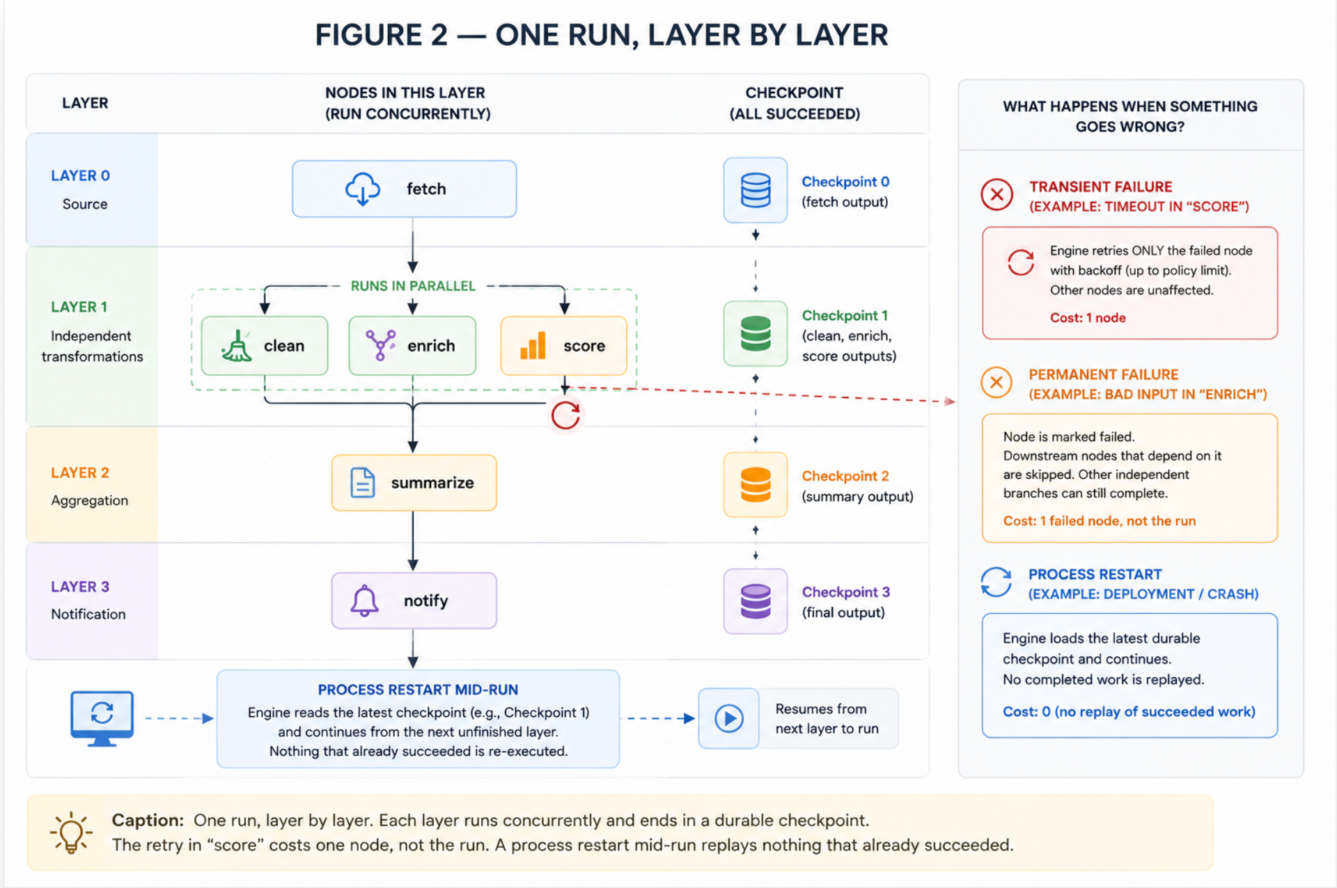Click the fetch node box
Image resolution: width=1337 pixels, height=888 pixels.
pos(404,189)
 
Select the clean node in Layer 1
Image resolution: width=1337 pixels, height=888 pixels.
pos(264,346)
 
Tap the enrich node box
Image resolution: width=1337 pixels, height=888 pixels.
pos(412,346)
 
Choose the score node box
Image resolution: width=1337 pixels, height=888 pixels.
pos(563,346)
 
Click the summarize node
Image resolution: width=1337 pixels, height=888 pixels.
pos(414,483)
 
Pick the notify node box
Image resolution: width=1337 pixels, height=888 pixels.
pos(414,601)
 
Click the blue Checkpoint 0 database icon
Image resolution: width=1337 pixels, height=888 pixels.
pos(756,190)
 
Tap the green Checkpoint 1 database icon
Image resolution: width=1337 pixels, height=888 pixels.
pos(756,333)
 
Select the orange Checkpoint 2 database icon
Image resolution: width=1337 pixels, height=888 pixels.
pos(756,484)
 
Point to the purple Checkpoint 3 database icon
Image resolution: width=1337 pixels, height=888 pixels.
pos(756,601)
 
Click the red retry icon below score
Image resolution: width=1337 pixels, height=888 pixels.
pos(565,416)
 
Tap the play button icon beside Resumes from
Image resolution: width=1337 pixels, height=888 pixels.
pos(729,718)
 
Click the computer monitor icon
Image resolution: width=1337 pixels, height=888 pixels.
pos(102,718)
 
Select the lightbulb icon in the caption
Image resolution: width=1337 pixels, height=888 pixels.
pos(70,832)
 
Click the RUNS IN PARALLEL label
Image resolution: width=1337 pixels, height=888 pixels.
pos(413,286)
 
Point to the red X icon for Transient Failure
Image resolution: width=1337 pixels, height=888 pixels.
pos(996,195)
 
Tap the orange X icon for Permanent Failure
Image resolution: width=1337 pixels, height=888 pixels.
pos(996,383)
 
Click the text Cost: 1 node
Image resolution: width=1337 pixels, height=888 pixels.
pos(1088,317)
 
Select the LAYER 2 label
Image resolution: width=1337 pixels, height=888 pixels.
pos(80,473)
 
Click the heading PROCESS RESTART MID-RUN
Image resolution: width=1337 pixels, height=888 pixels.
pos(418,690)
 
